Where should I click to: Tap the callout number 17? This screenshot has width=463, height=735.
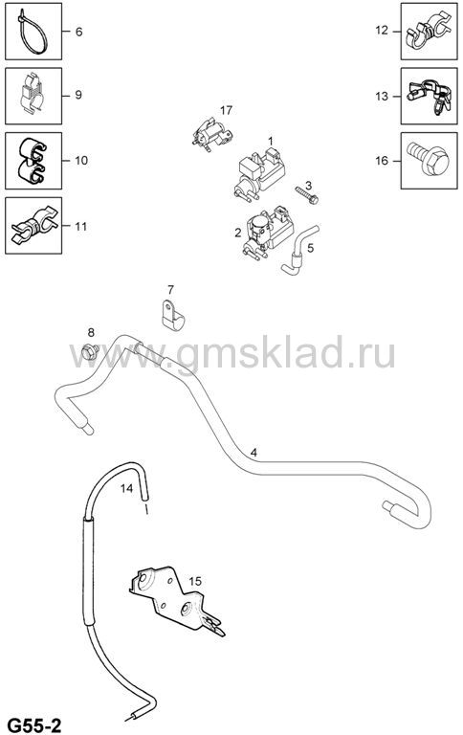226,111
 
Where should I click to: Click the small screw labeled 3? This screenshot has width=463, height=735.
307,194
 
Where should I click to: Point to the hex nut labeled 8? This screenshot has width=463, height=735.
90,351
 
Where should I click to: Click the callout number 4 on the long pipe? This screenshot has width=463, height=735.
254,453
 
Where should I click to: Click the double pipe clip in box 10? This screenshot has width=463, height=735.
33,161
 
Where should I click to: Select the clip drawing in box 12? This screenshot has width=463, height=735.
430,31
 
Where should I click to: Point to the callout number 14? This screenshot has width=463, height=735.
127,488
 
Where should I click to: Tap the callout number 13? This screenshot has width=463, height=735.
382,96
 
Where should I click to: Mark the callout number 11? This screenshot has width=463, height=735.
81,227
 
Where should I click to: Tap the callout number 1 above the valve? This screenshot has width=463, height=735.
271,140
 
